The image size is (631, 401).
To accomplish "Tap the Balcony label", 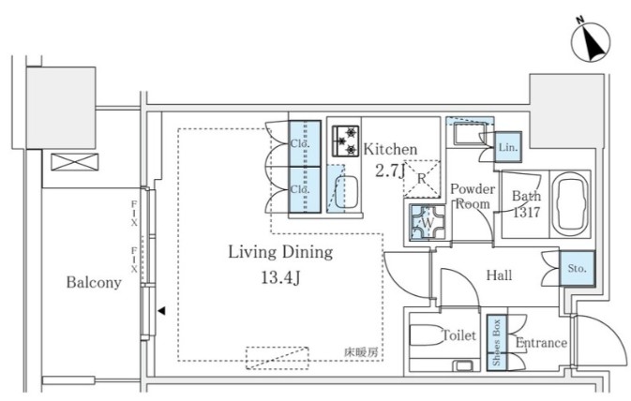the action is point(94,282).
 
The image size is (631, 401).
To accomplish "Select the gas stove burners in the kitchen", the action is point(345,141).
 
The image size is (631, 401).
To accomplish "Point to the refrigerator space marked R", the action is point(422,179).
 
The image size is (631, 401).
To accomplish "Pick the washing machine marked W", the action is point(428,222).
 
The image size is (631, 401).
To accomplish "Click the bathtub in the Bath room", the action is point(569,204).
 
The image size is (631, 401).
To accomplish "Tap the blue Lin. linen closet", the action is point(508,147).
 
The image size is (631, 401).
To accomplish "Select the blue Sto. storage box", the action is point(577,268).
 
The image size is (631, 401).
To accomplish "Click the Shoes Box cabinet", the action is point(497,343).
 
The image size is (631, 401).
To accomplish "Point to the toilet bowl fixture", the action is point(427,334).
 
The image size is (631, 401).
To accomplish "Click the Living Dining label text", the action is point(280,253).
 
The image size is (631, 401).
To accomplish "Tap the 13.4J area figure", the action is point(280,277).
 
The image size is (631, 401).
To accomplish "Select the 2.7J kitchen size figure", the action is point(390,171).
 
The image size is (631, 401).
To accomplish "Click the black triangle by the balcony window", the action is point(161,310).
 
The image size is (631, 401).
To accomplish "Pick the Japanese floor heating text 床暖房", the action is point(361,352).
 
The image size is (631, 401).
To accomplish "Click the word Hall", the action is point(500,275).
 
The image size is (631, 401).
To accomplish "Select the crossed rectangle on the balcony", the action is point(75,162).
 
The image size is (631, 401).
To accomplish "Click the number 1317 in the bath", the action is point(526,212).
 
